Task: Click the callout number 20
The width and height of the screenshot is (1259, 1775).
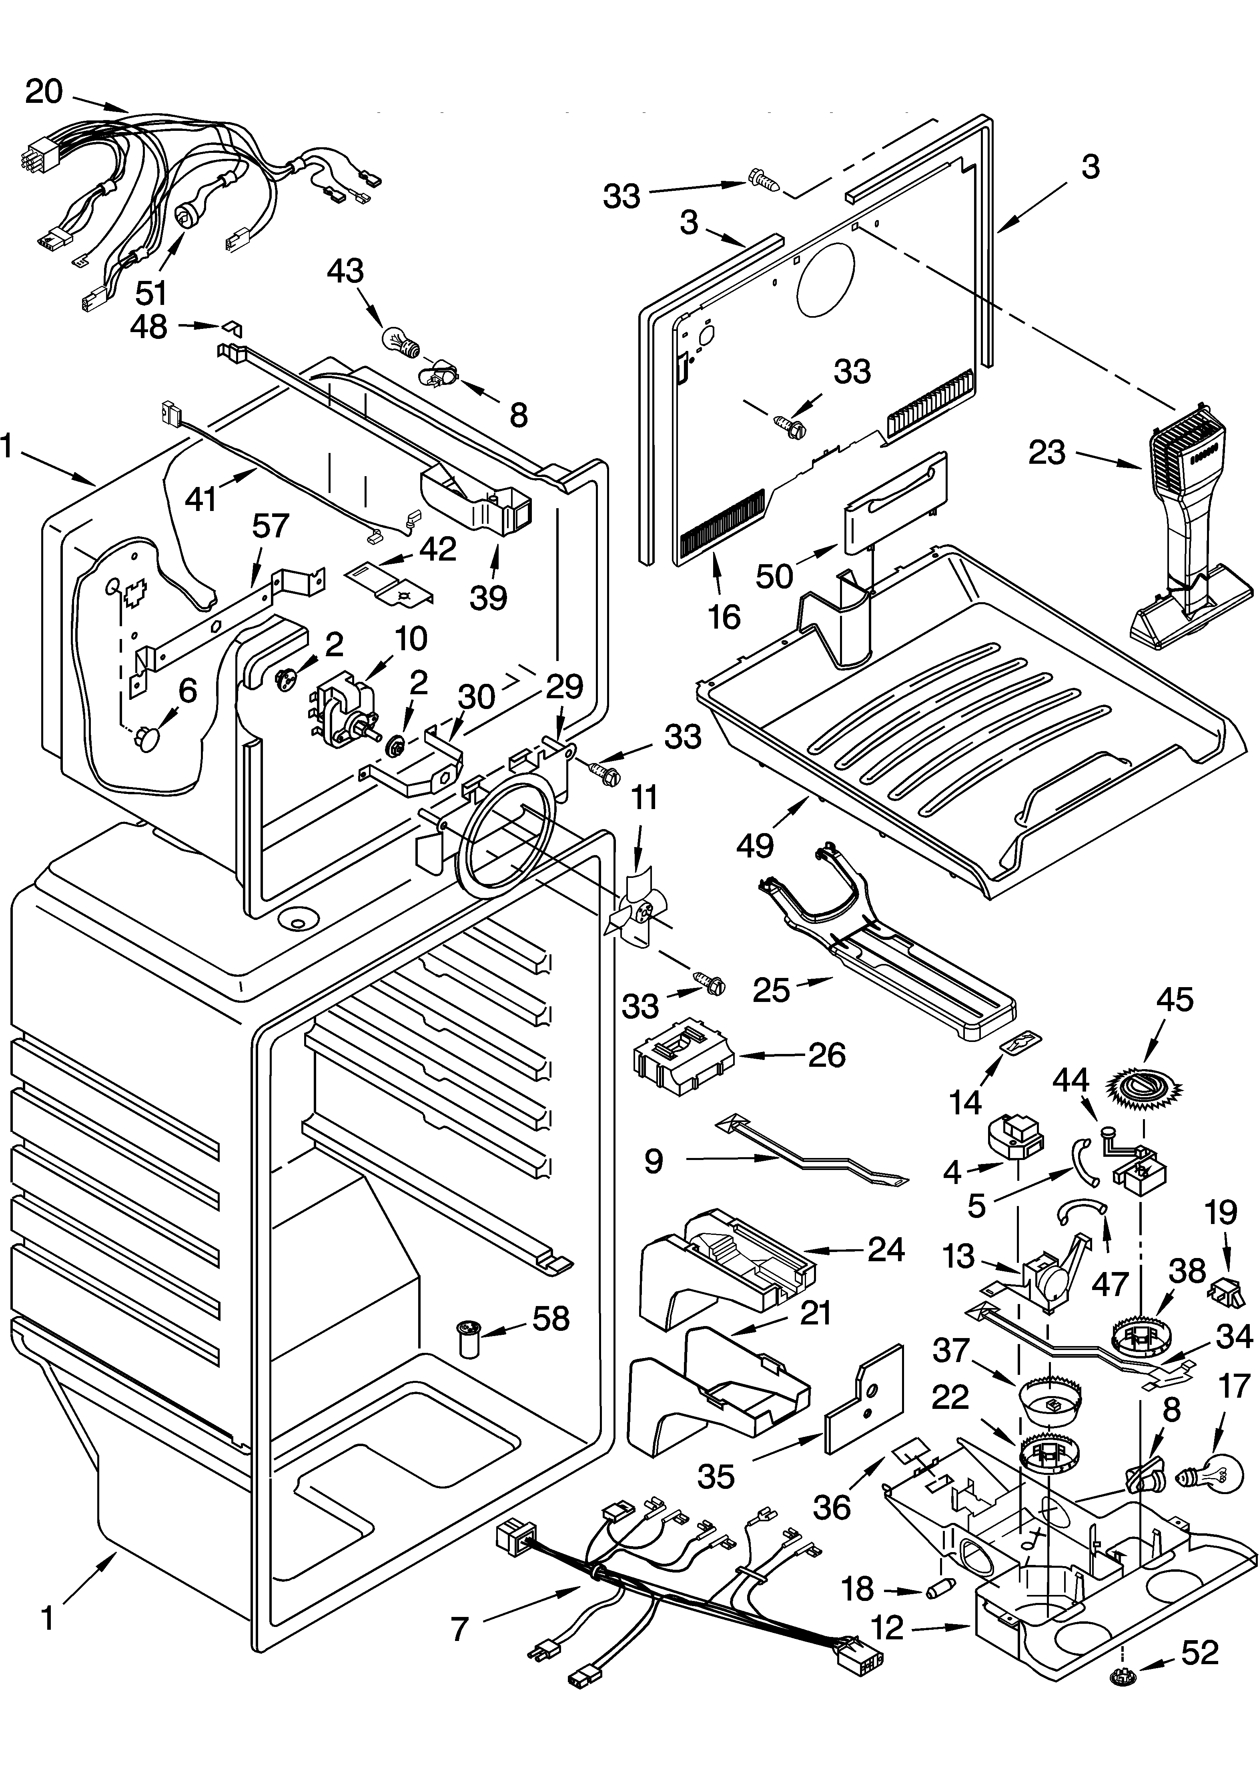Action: [x=44, y=92]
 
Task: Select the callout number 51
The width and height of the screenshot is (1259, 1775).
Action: [x=151, y=293]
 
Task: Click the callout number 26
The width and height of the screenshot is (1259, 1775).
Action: [x=826, y=1055]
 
